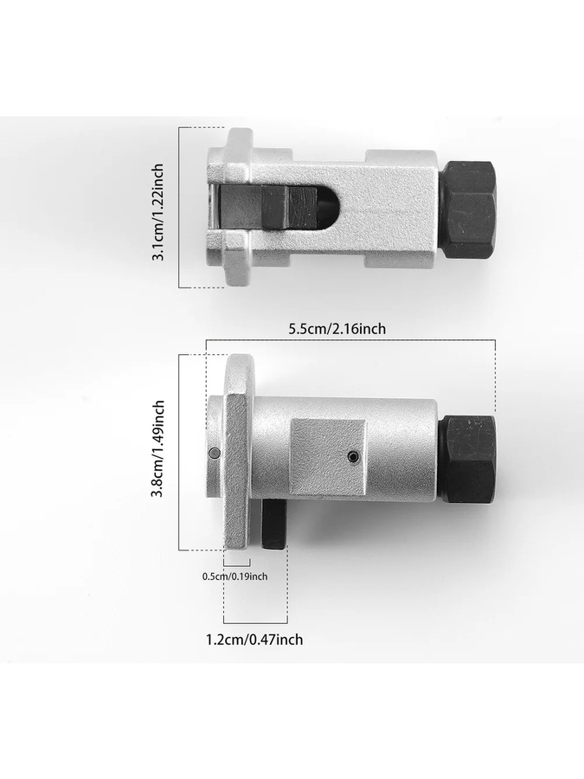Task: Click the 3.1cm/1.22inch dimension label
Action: [157, 212]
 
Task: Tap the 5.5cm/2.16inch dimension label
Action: [337, 328]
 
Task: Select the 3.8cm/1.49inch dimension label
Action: [157, 448]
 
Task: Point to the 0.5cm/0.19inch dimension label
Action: [234, 576]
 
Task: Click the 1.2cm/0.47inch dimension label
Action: [254, 639]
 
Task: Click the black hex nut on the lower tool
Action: [469, 460]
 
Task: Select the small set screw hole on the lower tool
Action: [352, 456]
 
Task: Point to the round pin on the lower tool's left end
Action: [215, 453]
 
